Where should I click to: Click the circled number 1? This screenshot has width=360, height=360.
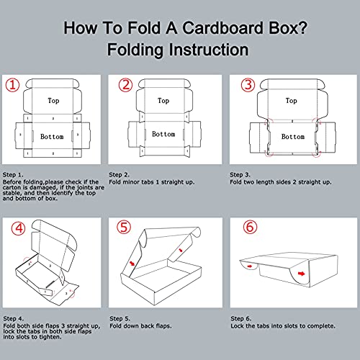coord(13,84)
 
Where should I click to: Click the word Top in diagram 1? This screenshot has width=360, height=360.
coord(53,101)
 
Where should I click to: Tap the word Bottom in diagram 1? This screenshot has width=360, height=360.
coord(51,136)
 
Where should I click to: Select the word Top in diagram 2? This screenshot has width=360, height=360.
coord(163,101)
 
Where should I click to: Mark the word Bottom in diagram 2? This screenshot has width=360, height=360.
coord(163,134)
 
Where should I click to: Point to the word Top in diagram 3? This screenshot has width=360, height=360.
coord(292,101)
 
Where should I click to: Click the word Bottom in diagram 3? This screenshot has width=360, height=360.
coord(292,136)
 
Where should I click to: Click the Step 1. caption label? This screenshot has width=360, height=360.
coord(14,174)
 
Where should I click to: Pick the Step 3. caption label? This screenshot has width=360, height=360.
coord(242,174)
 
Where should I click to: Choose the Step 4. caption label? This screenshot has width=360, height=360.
coord(14,318)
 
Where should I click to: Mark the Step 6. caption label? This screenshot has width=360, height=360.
coord(242,318)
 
